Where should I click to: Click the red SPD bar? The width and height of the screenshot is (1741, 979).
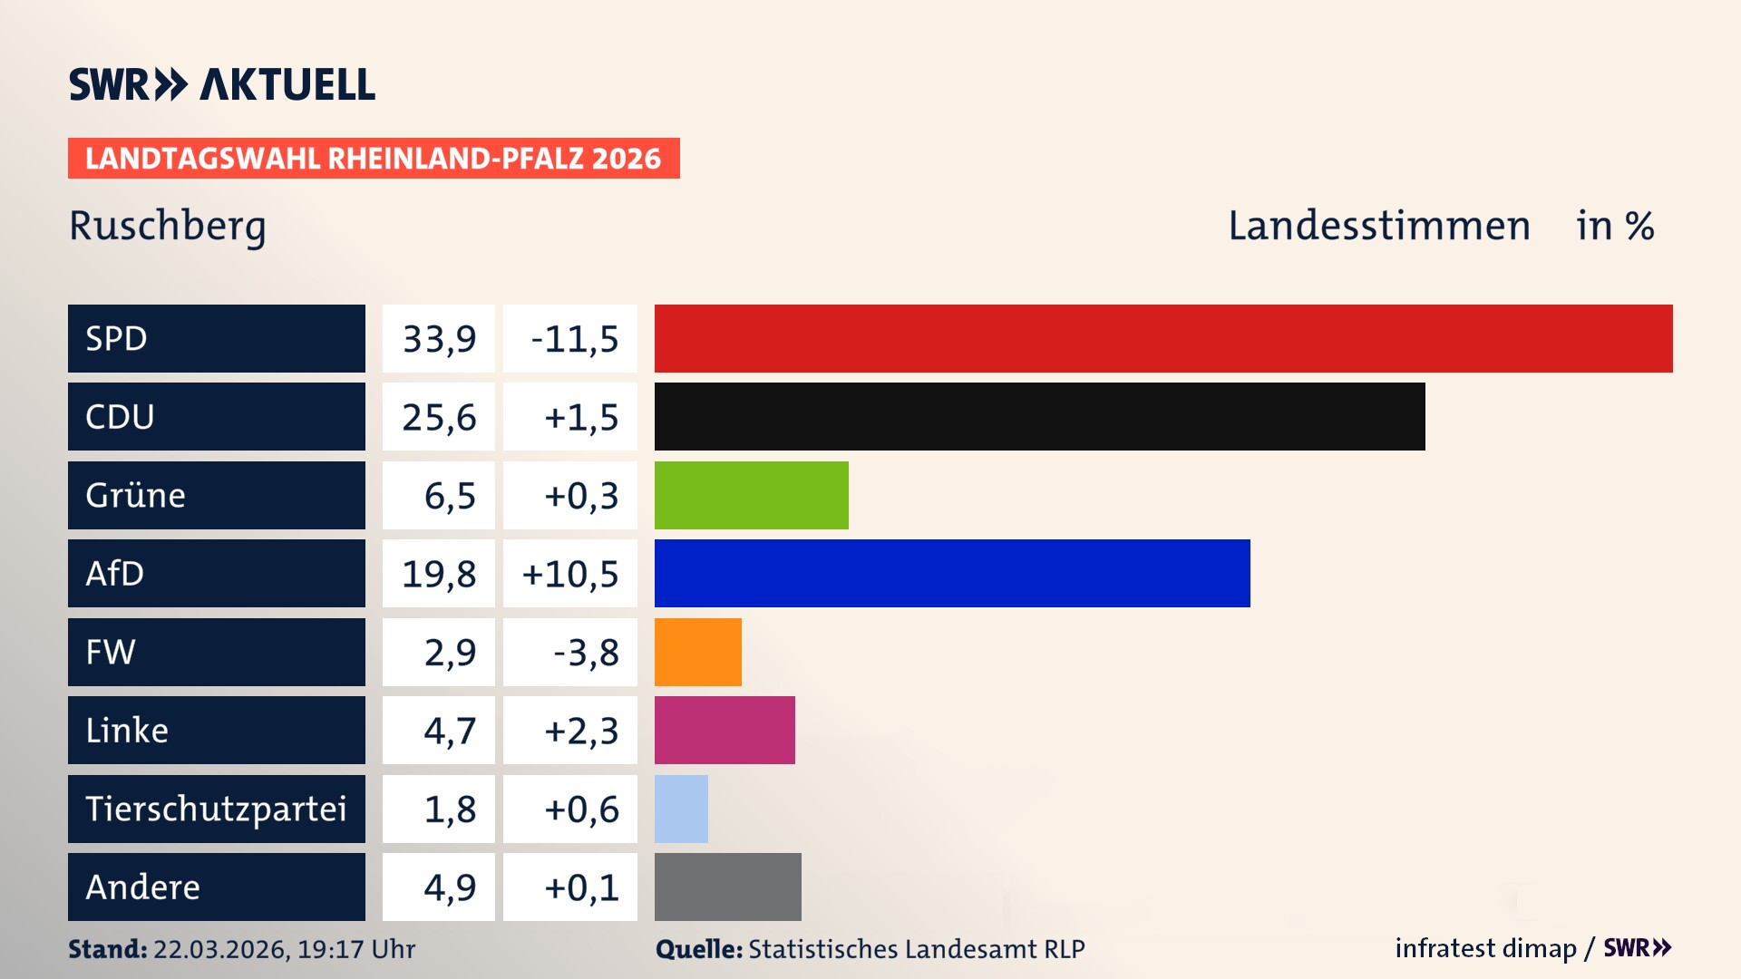1163,338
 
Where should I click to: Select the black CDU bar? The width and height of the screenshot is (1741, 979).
1039,416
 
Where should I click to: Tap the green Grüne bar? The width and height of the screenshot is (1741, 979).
751,495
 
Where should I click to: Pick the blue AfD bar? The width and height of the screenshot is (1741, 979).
952,573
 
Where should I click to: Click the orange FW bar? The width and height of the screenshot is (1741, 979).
697,652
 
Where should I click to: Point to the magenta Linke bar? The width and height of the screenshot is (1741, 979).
725,730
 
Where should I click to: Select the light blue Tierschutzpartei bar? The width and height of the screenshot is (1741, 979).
681,809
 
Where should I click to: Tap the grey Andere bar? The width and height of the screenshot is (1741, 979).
727,887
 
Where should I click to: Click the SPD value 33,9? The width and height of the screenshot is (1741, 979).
439,339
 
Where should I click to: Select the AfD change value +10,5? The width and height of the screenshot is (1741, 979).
570,574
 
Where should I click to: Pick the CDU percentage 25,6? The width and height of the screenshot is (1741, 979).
439,417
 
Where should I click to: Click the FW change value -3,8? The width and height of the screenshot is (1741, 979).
586,653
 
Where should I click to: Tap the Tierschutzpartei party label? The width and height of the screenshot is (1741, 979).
216,809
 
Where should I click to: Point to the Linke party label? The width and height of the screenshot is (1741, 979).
127,730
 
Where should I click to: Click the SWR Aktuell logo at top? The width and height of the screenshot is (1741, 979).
222,84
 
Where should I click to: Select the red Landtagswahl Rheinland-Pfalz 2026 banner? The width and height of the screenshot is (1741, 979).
374,159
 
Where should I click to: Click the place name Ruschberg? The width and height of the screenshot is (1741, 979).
168,226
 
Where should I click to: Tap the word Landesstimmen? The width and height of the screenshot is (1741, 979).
1378,226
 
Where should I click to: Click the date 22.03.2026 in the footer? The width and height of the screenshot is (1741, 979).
220,949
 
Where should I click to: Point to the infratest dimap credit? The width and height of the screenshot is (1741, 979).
1484,948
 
